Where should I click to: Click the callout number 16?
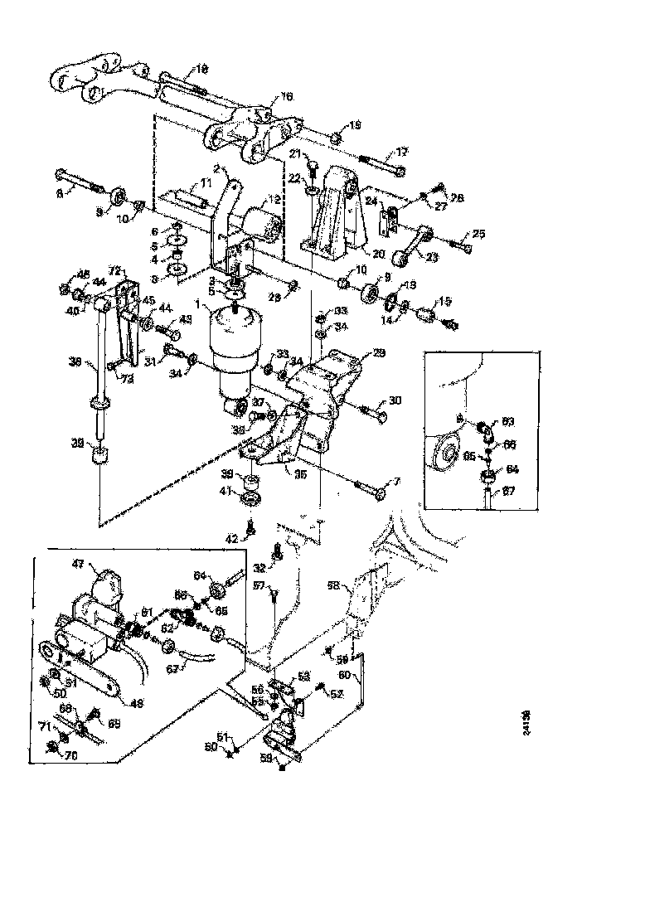coord(287,97)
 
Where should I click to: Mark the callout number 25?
coord(478,233)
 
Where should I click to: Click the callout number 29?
coord(379,352)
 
